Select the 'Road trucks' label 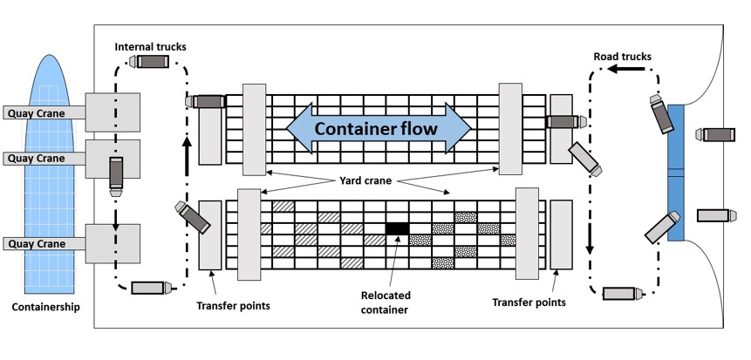point(622,57)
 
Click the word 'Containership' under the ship point(46,307)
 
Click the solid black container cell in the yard point(397,228)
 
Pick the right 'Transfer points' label point(529,302)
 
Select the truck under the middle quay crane point(116,173)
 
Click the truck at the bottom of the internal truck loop point(150,287)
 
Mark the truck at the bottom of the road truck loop point(621,293)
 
